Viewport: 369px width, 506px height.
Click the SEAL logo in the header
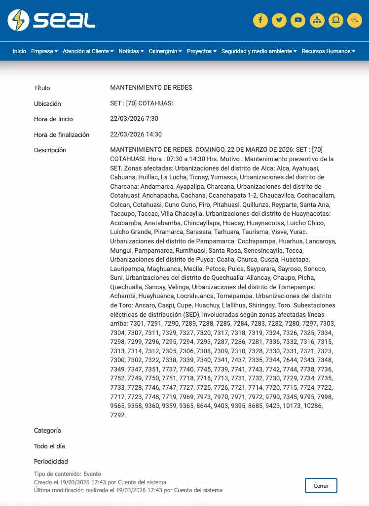[51, 20]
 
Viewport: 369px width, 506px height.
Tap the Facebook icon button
[260, 20]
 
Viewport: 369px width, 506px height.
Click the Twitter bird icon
[279, 20]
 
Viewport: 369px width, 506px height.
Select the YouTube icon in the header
[298, 20]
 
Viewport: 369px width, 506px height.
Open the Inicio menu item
[20, 51]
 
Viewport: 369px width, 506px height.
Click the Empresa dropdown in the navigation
[44, 51]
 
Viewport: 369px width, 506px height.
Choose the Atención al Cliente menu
[88, 51]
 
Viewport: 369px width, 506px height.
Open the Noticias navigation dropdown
[131, 51]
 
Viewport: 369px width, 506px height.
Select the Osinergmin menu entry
[165, 51]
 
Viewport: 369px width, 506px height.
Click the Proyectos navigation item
[201, 51]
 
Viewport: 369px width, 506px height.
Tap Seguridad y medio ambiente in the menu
[258, 51]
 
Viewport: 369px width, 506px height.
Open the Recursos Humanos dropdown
[328, 51]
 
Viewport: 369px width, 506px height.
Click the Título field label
[42, 88]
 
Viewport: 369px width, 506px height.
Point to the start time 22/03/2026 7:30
[134, 119]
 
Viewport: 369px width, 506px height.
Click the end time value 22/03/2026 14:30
[136, 135]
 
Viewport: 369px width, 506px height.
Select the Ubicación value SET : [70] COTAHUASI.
[143, 103]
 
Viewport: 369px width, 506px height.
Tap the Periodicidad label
[51, 462]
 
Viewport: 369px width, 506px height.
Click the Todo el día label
[49, 446]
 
